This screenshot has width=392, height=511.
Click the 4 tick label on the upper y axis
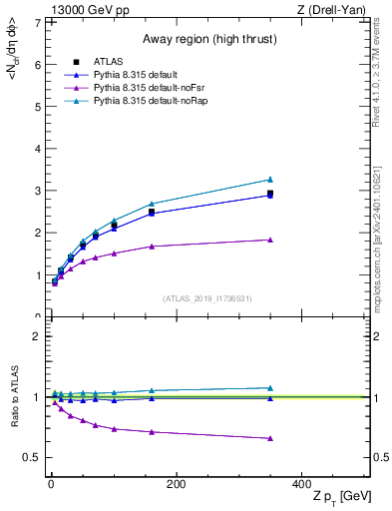[37, 149]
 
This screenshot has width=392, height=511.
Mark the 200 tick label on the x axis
[176, 484]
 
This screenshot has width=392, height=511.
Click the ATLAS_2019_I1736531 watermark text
[206, 298]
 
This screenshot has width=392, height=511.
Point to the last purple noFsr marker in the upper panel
[270, 240]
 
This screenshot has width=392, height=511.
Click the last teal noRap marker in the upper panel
[270, 180]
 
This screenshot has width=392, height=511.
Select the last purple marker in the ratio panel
[270, 438]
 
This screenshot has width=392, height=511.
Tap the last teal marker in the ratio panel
[270, 388]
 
